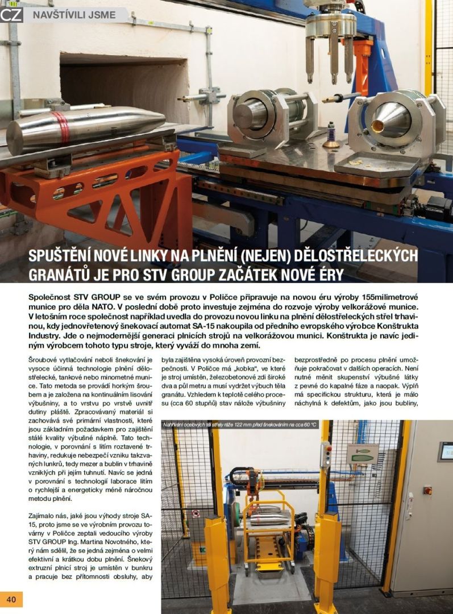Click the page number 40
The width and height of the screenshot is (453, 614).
click(x=11, y=599)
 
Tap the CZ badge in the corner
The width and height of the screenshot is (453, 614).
click(x=11, y=14)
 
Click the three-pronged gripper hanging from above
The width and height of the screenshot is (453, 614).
click(x=330, y=43)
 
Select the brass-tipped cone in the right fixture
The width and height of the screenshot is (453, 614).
click(x=387, y=120)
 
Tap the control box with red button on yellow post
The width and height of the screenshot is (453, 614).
click(x=326, y=455)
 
